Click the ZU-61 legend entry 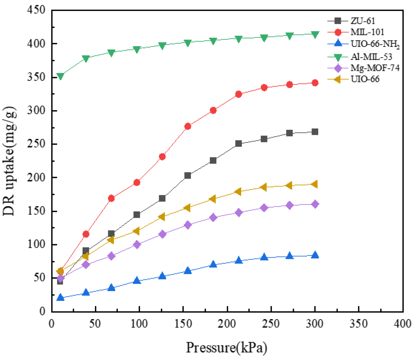[362, 21]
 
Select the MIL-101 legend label [367, 32]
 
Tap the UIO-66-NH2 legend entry [375, 44]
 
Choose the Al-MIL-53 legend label [371, 57]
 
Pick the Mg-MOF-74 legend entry [375, 68]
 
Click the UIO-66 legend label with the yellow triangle [365, 79]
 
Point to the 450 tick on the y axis [36, 10]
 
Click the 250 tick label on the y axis [36, 144]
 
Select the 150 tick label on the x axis [183, 323]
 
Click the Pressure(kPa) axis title [227, 348]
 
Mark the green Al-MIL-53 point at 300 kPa [315, 34]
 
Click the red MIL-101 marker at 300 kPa [315, 83]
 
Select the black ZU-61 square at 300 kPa [315, 132]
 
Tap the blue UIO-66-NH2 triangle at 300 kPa [315, 255]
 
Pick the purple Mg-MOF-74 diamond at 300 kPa [315, 204]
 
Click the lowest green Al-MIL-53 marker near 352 [60, 76]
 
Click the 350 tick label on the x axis [359, 323]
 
